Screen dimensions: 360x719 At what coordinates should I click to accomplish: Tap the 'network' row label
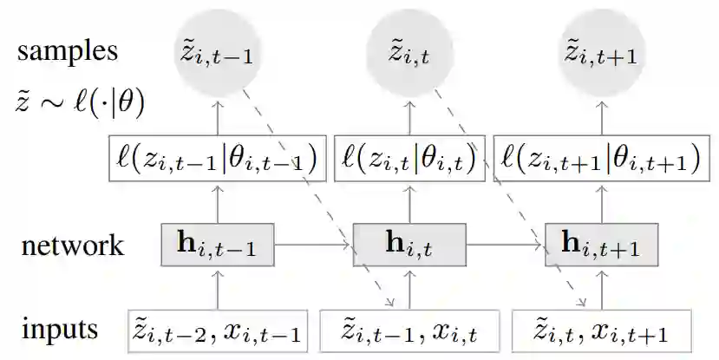point(72,245)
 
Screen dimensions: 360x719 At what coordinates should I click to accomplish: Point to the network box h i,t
point(409,245)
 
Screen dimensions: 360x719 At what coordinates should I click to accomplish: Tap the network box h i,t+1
point(601,245)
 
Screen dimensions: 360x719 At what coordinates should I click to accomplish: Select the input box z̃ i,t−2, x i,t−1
point(217,331)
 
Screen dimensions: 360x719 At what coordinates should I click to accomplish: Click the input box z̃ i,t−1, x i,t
point(409,331)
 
